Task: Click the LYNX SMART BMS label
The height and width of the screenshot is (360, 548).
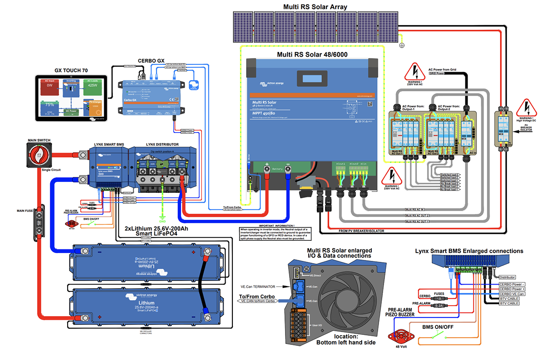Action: click(109, 144)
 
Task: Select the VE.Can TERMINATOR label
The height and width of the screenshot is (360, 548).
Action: click(258, 286)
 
